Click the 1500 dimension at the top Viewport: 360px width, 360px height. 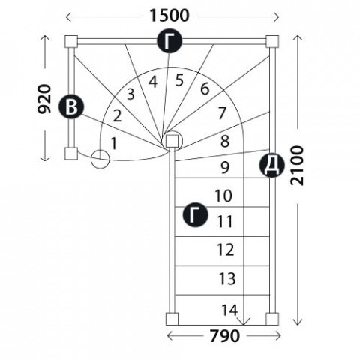click(169, 16)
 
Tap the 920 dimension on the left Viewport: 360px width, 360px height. click(44, 99)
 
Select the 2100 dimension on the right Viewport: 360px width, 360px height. click(297, 166)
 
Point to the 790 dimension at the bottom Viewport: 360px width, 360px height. click(224, 335)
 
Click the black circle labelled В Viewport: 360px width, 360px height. click(71, 106)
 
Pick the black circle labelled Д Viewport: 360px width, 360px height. click(272, 165)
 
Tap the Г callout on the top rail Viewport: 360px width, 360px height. click(169, 40)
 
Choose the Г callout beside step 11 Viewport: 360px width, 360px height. click(195, 214)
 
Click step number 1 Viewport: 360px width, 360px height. click(114, 143)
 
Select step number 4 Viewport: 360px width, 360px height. click(153, 82)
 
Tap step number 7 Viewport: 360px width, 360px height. click(222, 113)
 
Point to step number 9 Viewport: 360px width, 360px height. click(225, 167)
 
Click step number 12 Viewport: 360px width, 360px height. click(226, 250)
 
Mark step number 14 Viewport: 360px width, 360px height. click(229, 310)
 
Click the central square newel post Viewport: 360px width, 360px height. click(172, 141)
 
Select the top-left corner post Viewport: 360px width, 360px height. click(71, 41)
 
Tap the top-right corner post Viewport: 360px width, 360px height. click(272, 41)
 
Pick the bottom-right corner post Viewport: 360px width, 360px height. click(272, 319)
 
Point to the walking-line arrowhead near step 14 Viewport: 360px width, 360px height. click(244, 321)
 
